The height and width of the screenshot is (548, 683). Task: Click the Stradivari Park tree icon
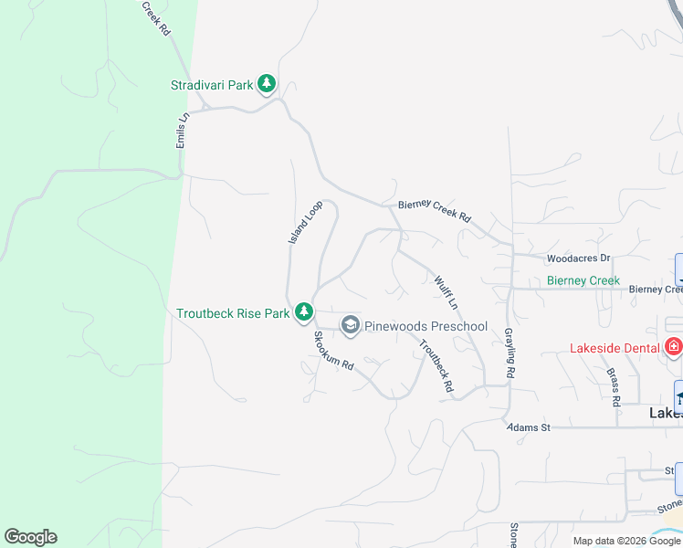(267, 85)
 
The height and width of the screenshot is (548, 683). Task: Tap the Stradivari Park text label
(212, 85)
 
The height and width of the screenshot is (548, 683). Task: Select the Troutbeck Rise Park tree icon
(303, 313)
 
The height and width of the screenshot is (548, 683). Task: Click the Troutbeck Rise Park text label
(233, 313)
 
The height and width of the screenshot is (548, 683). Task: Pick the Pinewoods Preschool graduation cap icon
(350, 325)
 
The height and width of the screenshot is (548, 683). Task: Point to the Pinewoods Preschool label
(426, 326)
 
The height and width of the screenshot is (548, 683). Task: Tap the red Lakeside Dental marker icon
(674, 347)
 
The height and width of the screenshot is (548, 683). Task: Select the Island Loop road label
(306, 223)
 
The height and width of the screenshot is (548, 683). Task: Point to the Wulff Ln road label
(447, 291)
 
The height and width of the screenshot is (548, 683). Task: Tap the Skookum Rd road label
(332, 350)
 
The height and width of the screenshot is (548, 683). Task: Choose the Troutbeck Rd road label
(436, 365)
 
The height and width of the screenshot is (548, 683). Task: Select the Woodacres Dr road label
(578, 259)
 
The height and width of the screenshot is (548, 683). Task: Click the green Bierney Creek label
(583, 280)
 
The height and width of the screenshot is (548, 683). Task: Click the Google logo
(30, 537)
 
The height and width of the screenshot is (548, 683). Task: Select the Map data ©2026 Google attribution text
(626, 541)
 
